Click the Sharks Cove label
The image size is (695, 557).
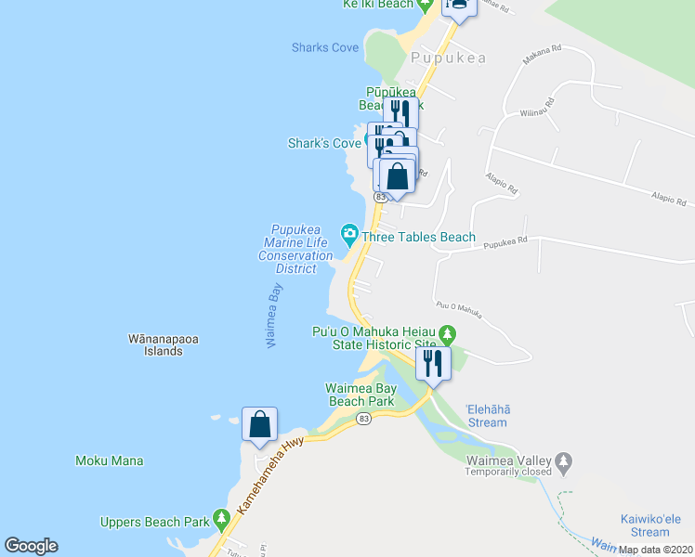[324, 47]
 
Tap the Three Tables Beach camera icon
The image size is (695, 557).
[349, 232]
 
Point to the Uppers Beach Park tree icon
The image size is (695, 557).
[220, 516]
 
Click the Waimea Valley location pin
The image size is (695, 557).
[563, 460]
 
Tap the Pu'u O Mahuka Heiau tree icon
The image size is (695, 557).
[448, 332]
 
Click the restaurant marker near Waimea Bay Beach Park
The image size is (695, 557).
[432, 363]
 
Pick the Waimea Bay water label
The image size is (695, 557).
[274, 315]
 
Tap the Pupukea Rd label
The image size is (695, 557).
[509, 240]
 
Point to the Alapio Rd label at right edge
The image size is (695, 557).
[668, 201]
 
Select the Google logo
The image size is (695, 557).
[31, 546]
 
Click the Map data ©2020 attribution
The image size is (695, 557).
[655, 550]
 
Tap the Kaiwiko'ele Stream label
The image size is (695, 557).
[657, 525]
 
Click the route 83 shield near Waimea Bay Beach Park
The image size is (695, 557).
[363, 420]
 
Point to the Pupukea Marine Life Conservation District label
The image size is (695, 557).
[295, 249]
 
